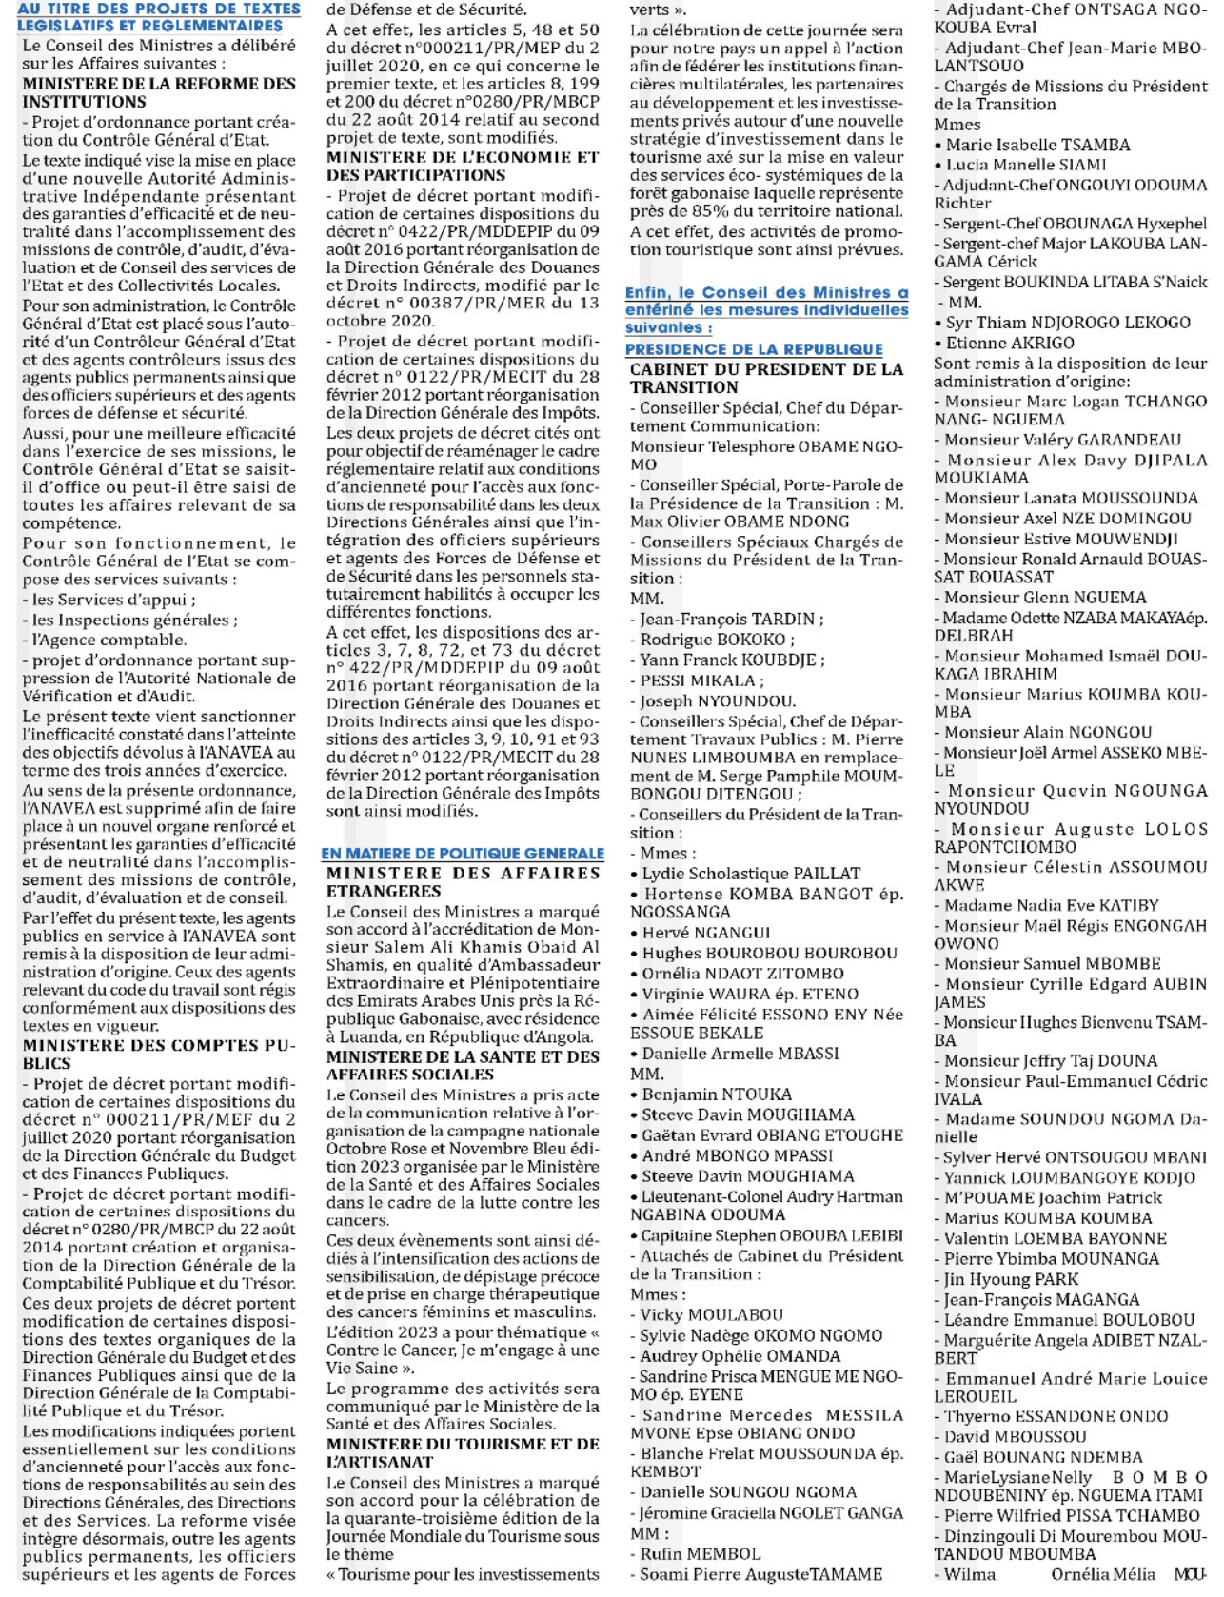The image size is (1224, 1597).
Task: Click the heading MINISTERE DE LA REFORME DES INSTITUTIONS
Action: click(158, 92)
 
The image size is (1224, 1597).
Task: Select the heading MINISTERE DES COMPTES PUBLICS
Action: click(158, 1054)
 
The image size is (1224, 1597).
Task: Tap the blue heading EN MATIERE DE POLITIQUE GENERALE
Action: click(463, 854)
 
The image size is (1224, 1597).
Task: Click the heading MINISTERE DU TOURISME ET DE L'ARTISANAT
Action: click(463, 1452)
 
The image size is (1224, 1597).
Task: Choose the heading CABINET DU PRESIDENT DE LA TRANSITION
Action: click(766, 378)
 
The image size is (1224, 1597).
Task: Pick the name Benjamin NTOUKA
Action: click(716, 1094)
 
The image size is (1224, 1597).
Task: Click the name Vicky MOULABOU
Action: click(711, 1314)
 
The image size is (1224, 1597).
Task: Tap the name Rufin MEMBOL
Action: click(700, 1553)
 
